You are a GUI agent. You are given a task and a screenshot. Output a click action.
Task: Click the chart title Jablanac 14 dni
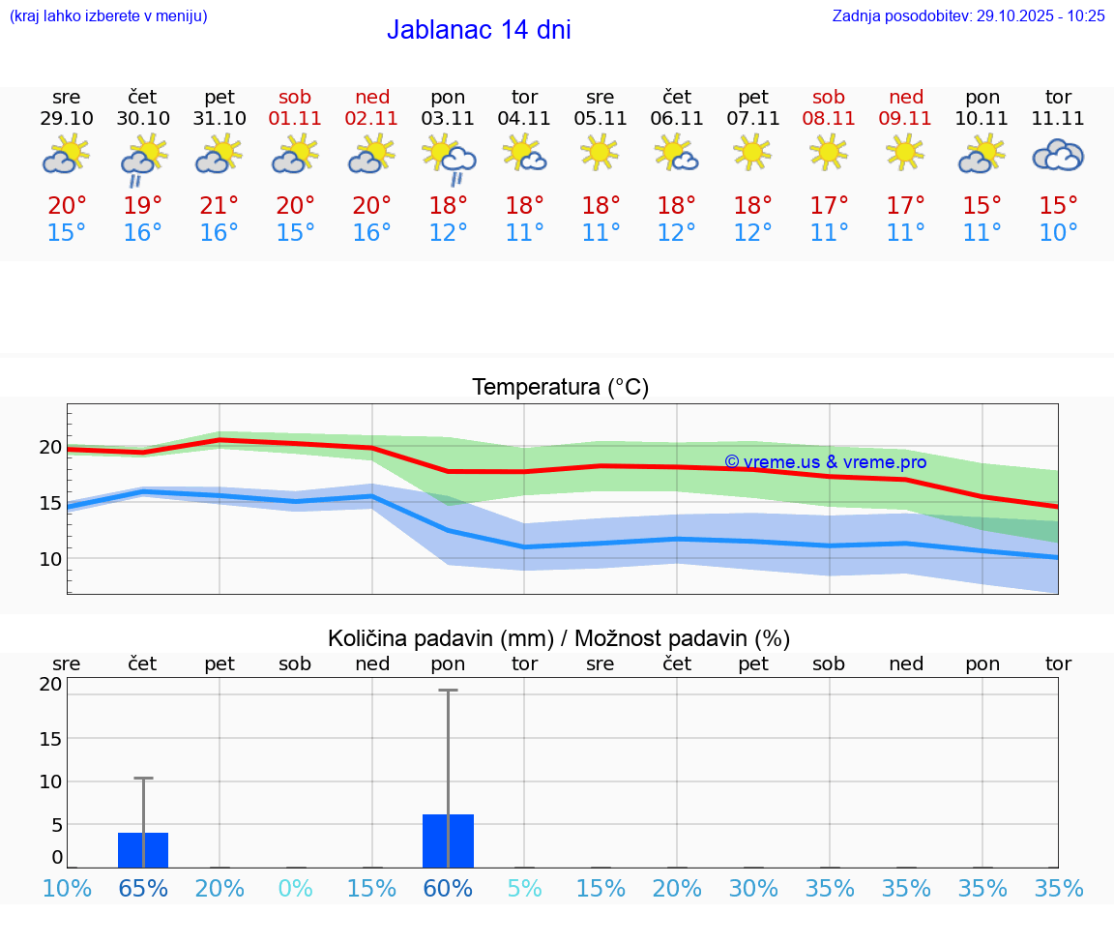click(x=479, y=30)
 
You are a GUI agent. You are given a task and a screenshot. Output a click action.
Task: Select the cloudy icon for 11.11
click(x=1058, y=155)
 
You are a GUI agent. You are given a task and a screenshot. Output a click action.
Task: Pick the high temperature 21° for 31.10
click(x=220, y=206)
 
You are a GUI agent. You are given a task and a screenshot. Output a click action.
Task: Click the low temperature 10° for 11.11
click(x=1058, y=233)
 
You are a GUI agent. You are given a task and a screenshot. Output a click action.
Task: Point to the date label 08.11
click(x=829, y=119)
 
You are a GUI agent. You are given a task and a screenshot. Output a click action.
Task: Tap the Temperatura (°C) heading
click(x=560, y=388)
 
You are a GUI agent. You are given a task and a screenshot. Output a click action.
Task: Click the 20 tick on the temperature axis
click(x=50, y=447)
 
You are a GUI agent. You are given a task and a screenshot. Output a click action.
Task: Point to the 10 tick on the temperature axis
click(x=50, y=559)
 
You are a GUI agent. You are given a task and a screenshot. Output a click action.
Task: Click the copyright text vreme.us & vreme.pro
click(x=825, y=462)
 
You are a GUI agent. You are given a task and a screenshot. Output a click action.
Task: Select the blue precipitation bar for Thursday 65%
click(x=143, y=850)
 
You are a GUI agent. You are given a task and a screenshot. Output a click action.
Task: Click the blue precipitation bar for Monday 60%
click(x=448, y=841)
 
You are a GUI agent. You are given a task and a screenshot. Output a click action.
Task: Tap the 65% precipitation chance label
click(x=143, y=888)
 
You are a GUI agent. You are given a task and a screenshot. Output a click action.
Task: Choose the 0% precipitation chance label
click(x=295, y=888)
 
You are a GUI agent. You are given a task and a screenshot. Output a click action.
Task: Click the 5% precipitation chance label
click(x=524, y=888)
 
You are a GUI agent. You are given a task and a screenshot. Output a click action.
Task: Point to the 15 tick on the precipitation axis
click(x=50, y=738)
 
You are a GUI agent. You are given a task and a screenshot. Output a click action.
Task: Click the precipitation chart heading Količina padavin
click(x=559, y=638)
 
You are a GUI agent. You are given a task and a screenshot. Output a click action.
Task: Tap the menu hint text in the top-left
click(x=108, y=15)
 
